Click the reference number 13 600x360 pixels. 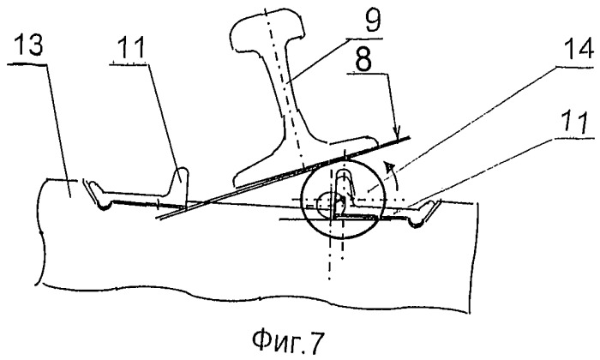coord(29,45)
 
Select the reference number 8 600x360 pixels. coord(363,60)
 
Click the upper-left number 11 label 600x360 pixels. coord(131,47)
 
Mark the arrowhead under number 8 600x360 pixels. coord(399,133)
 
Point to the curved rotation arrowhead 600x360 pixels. coord(389,168)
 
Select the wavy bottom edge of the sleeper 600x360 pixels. coord(253,297)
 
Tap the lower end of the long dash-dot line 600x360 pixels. coord(329,279)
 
